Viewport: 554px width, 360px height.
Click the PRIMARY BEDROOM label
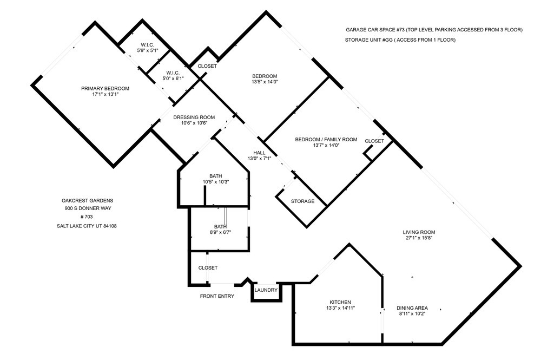105,88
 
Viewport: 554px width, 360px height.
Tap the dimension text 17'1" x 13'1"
105,94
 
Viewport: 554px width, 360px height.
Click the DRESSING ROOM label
194,117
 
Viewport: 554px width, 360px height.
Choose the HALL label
259,153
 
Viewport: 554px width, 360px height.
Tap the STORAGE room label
303,201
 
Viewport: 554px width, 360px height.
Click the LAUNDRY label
266,290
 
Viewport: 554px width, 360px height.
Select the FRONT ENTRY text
217,296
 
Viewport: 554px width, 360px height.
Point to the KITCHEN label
340,302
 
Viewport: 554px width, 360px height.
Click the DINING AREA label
412,307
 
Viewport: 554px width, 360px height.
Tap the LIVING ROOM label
419,232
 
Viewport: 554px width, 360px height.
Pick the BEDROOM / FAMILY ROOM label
326,139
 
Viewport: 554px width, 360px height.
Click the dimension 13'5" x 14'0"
265,82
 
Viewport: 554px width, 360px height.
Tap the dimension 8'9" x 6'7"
221,232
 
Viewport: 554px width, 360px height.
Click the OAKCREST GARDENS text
88,200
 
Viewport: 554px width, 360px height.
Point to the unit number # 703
87,217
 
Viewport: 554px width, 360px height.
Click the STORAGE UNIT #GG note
400,40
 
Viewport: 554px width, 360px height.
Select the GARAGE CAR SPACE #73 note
434,30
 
